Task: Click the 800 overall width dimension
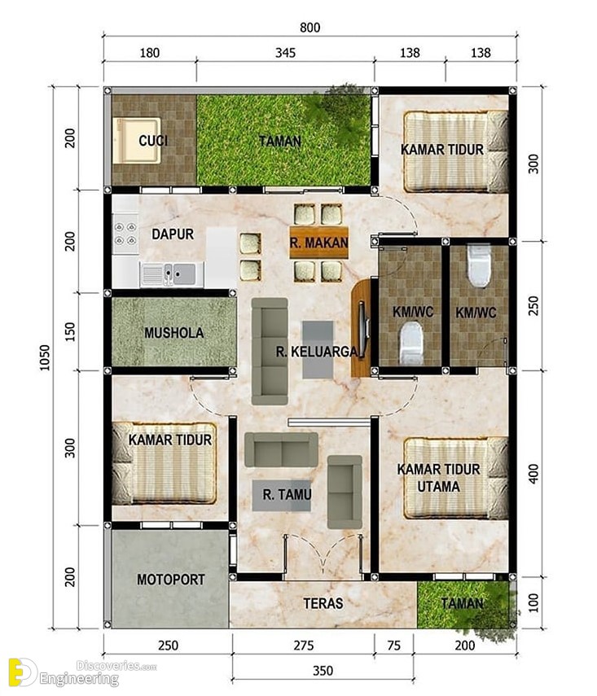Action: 309,28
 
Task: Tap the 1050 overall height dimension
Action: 46,357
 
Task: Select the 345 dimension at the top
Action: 285,53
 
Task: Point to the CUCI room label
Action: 153,141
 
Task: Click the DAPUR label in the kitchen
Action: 173,234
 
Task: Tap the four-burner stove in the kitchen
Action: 125,234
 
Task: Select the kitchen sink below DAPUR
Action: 173,274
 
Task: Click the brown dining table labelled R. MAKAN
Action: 319,243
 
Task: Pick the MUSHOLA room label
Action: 174,333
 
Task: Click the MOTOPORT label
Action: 170,580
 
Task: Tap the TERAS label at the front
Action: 323,603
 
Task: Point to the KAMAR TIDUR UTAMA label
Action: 438,478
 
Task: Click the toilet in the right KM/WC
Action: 479,265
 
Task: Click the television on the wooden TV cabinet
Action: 363,329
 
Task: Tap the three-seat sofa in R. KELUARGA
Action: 270,351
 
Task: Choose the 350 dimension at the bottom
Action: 323,670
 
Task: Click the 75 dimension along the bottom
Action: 394,646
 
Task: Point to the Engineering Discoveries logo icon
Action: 22,672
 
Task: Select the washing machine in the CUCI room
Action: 136,141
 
